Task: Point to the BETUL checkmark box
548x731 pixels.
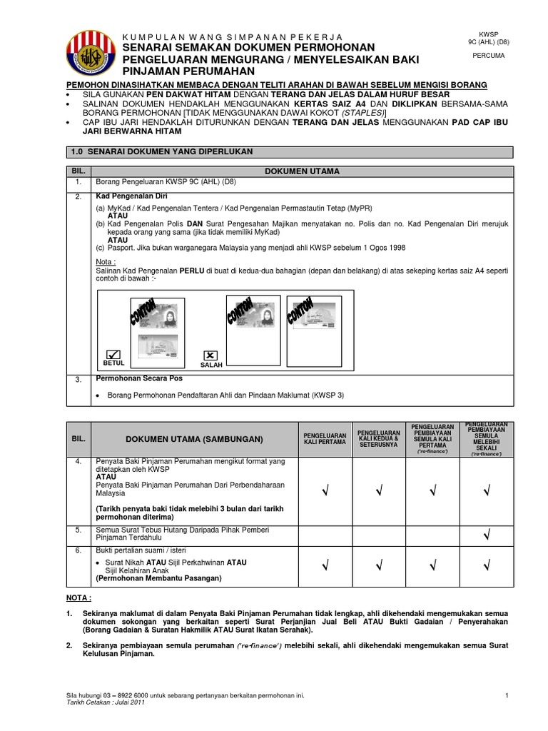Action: [113, 353]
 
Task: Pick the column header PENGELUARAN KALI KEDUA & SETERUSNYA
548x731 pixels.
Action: [378, 438]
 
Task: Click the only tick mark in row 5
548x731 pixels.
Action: [486, 534]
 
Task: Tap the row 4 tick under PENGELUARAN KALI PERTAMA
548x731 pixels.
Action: [325, 490]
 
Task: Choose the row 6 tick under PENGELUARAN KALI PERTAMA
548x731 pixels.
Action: [325, 566]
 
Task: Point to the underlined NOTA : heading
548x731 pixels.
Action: [79, 598]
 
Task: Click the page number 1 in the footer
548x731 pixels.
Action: [505, 695]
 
